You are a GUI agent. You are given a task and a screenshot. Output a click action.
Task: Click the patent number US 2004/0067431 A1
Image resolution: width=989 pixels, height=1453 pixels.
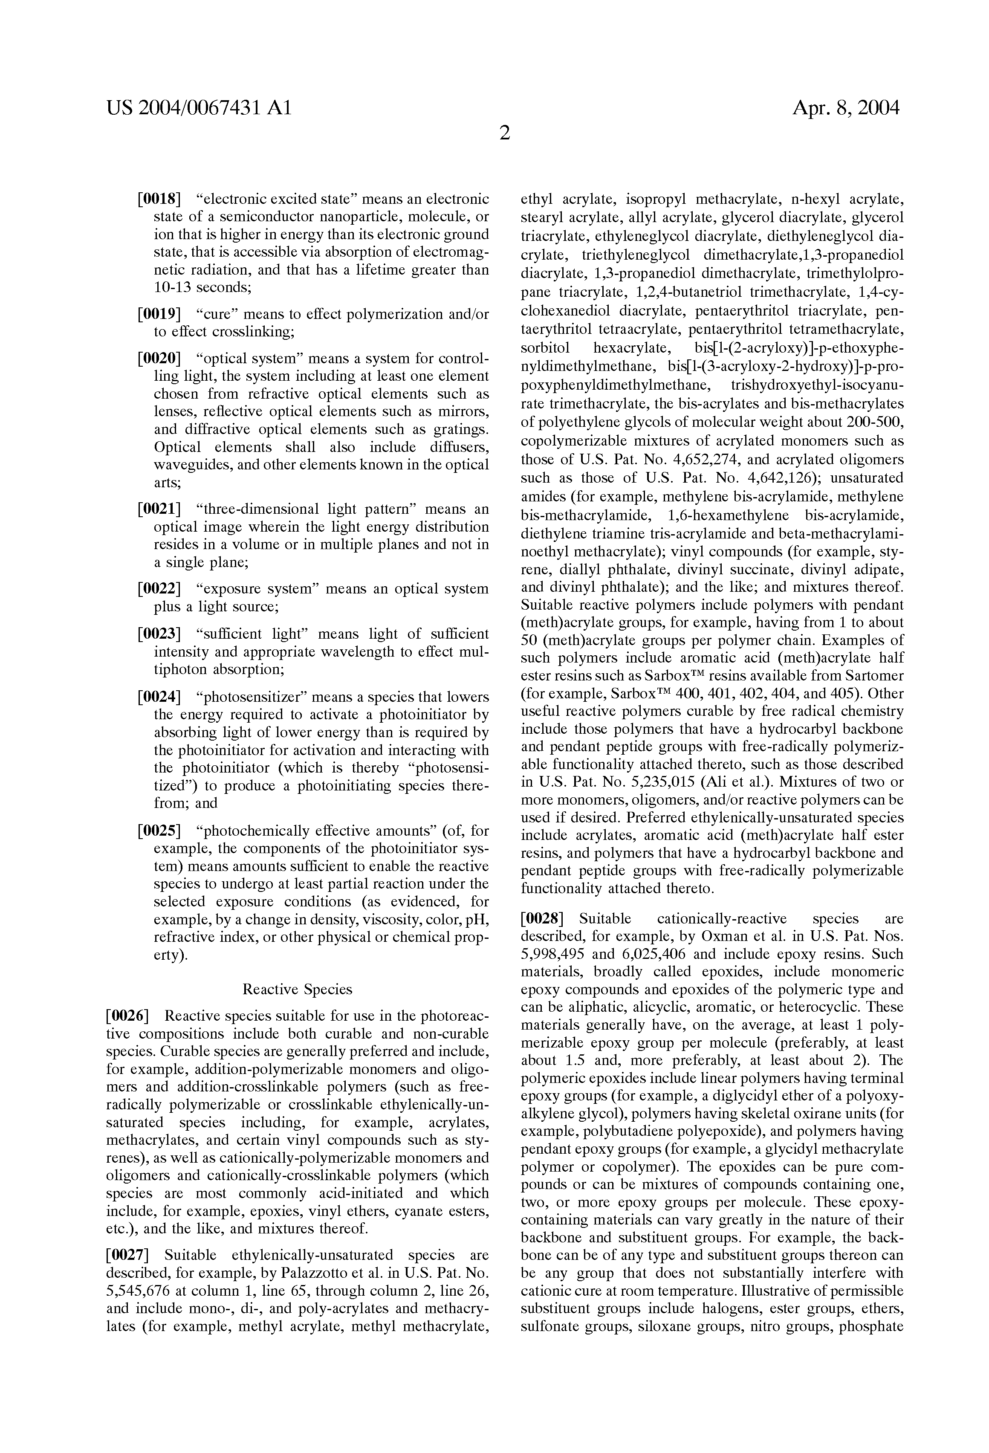[x=199, y=109]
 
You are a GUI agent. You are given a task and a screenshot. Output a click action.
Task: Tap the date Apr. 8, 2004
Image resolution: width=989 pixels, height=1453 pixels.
[x=845, y=109]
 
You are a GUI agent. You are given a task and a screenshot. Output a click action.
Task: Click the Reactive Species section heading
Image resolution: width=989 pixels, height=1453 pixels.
[x=297, y=989]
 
